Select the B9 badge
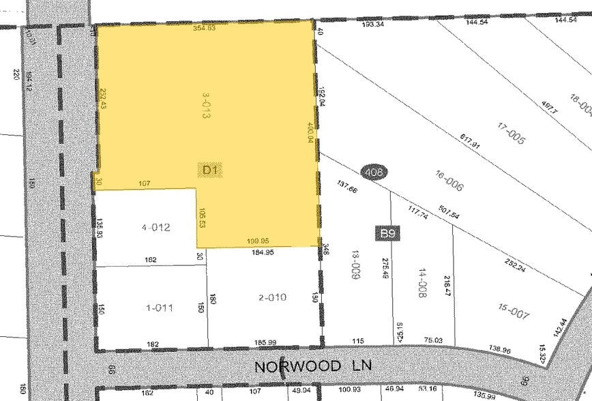click(389, 234)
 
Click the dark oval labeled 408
click(373, 173)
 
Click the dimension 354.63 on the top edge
click(205, 29)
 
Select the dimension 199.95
click(258, 241)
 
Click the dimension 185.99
click(263, 342)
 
